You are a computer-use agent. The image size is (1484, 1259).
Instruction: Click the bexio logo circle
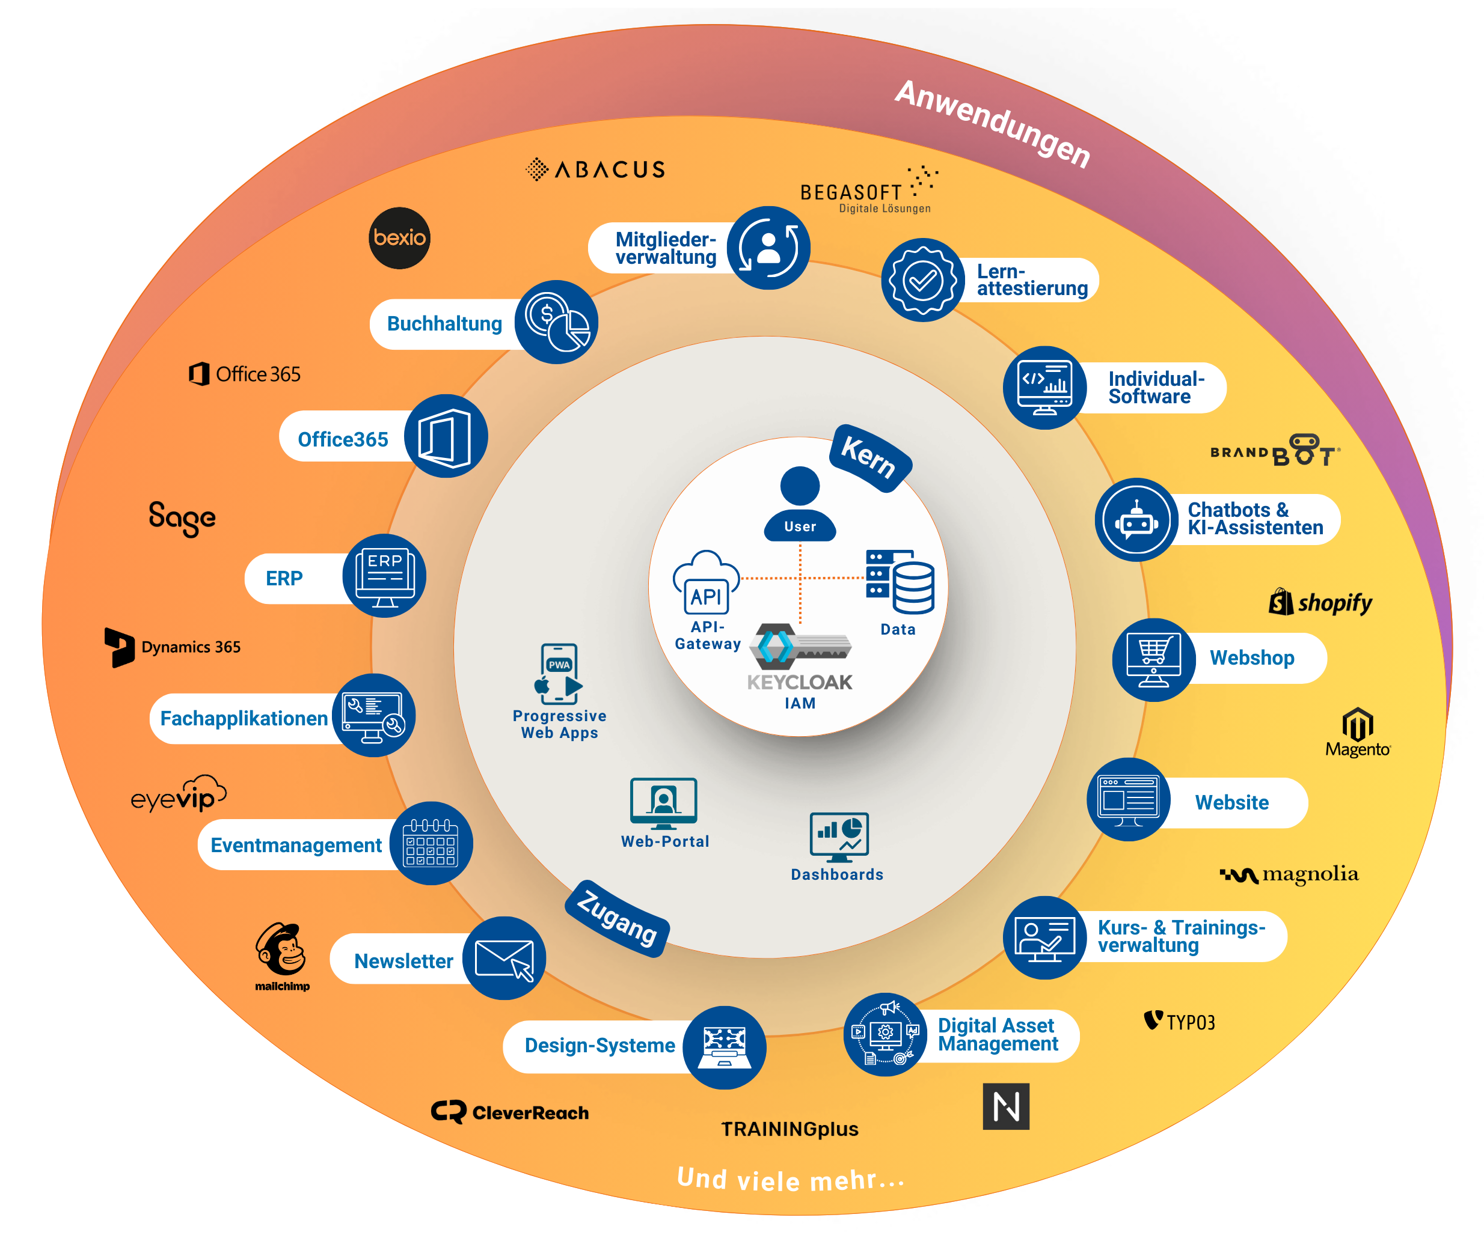(x=399, y=237)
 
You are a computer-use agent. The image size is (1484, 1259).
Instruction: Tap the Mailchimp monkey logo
(x=282, y=950)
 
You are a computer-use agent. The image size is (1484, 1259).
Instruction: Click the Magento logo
(x=1358, y=731)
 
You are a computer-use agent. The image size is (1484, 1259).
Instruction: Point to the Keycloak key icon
(x=802, y=644)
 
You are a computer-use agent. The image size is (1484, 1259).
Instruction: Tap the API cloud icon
(x=705, y=582)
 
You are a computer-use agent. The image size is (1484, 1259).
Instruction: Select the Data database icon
(x=900, y=582)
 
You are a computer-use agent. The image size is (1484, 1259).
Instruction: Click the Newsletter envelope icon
(x=504, y=958)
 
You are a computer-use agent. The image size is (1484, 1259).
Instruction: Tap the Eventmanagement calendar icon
(x=431, y=843)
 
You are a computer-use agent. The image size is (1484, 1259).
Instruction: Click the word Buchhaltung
(x=444, y=324)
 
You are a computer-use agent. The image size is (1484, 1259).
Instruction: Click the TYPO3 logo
(x=1179, y=1022)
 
